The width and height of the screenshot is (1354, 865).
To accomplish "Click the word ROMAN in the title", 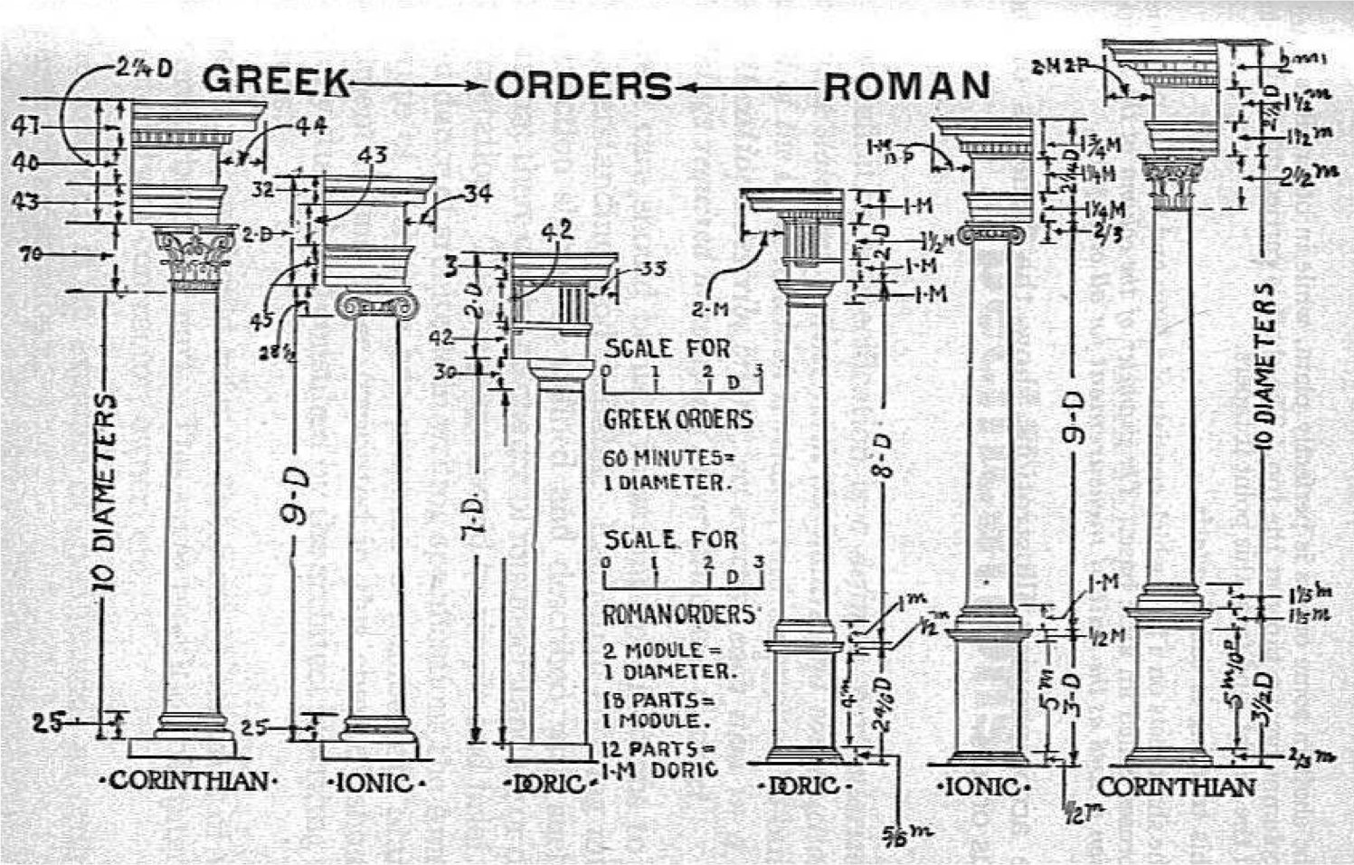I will [906, 86].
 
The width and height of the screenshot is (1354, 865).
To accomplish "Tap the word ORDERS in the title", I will [583, 86].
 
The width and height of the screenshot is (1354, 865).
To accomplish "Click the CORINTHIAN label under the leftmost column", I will [189, 780].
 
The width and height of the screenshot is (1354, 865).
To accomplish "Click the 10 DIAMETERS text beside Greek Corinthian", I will [107, 493].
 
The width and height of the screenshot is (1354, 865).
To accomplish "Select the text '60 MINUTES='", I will [665, 457].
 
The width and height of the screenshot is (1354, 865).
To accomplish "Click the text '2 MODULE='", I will [653, 650].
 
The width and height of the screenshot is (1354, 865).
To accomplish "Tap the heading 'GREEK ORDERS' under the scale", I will [677, 419].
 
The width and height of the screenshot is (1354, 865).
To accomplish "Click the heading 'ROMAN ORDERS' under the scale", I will [678, 614].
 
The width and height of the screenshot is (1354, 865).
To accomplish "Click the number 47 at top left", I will [24, 128].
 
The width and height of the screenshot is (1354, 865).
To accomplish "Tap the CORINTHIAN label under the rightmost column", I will [1177, 786].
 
